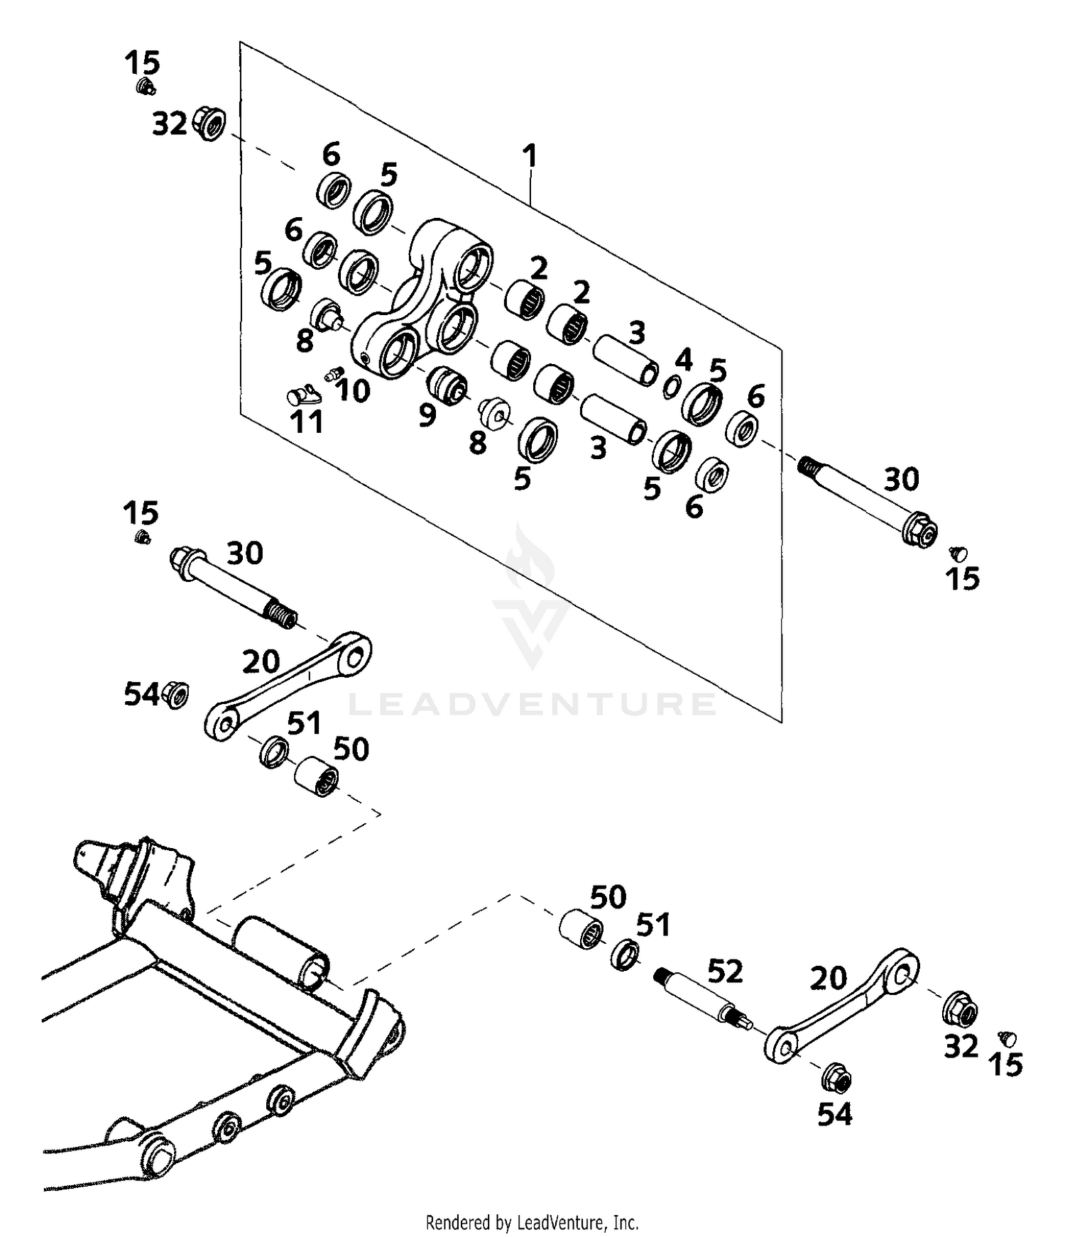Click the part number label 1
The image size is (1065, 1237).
coord(530,155)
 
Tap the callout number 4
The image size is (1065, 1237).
coord(683,360)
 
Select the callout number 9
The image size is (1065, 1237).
coord(427,415)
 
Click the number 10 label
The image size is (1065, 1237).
coord(352,390)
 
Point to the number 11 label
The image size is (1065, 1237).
coord(307,422)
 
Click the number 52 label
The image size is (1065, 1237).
coord(725,972)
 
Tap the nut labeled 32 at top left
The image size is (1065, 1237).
coord(209,125)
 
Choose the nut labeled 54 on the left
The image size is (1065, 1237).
coord(175,693)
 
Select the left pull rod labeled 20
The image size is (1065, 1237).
coord(288,685)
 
